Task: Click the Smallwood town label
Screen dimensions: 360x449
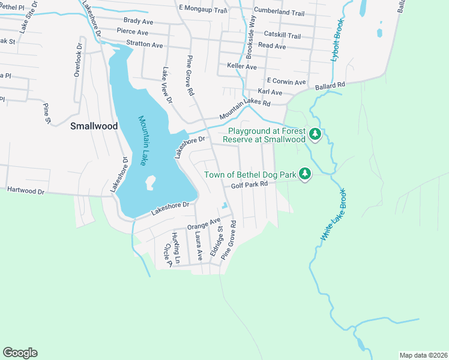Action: point(94,126)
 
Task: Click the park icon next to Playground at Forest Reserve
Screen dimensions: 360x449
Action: point(315,134)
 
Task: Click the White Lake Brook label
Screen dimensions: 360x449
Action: point(334,215)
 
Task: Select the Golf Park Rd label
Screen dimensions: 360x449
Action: point(250,186)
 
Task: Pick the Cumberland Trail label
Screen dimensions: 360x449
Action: point(279,11)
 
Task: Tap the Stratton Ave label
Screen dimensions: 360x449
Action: point(144,45)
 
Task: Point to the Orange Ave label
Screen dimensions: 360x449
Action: point(203,224)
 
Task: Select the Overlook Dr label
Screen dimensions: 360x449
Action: point(77,59)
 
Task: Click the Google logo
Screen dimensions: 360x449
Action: point(20,353)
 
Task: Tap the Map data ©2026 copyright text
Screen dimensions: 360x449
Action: point(423,355)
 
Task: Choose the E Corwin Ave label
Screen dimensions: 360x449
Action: point(286,82)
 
